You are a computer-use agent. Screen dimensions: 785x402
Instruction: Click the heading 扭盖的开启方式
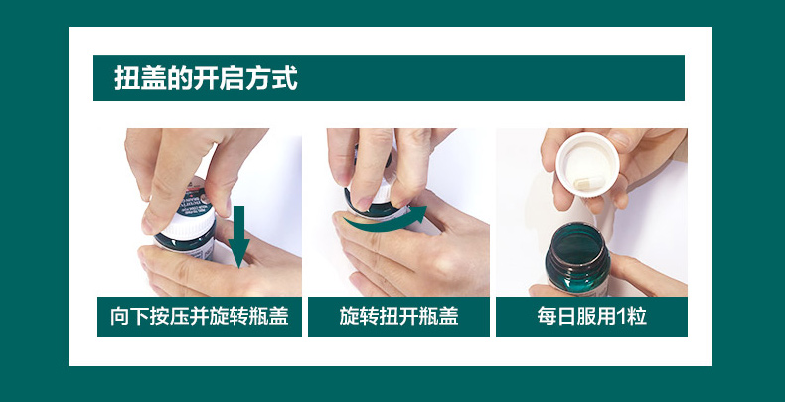point(206,78)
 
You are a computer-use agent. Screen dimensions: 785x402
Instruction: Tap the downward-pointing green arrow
point(238,236)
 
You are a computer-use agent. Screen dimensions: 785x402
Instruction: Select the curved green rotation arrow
point(385,222)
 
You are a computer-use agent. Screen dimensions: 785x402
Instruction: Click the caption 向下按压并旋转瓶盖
point(200,316)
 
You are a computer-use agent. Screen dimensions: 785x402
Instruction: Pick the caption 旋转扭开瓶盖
point(398,316)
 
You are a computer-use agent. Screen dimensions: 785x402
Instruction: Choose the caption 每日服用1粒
point(591,316)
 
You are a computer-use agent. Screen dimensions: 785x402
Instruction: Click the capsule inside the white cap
point(589,183)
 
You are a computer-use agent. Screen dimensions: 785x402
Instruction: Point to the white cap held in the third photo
point(587,164)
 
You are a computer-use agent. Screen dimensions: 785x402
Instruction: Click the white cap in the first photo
point(189,224)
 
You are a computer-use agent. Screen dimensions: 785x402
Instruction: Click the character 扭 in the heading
point(126,78)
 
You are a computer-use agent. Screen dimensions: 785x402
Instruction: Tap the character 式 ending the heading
point(285,78)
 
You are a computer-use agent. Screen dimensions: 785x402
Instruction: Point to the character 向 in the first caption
point(119,316)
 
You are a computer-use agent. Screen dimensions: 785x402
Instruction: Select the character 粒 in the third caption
point(637,316)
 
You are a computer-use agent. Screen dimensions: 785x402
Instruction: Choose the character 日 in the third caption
point(566,316)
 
